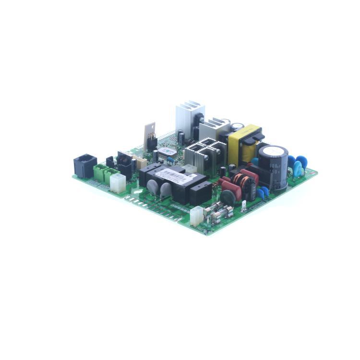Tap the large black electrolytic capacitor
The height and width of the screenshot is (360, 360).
pyautogui.click(x=273, y=168)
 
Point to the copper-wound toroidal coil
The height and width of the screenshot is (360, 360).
pyautogui.click(x=240, y=182)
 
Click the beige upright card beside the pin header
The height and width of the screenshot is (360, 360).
pyautogui.click(x=150, y=131)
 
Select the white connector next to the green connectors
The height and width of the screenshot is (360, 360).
pyautogui.click(x=117, y=182)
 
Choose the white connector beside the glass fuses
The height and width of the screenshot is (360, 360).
pyautogui.click(x=196, y=216)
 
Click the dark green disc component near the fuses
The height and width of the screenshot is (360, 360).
pyautogui.click(x=228, y=197)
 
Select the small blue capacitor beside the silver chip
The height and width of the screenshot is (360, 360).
pyautogui.click(x=170, y=160)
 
